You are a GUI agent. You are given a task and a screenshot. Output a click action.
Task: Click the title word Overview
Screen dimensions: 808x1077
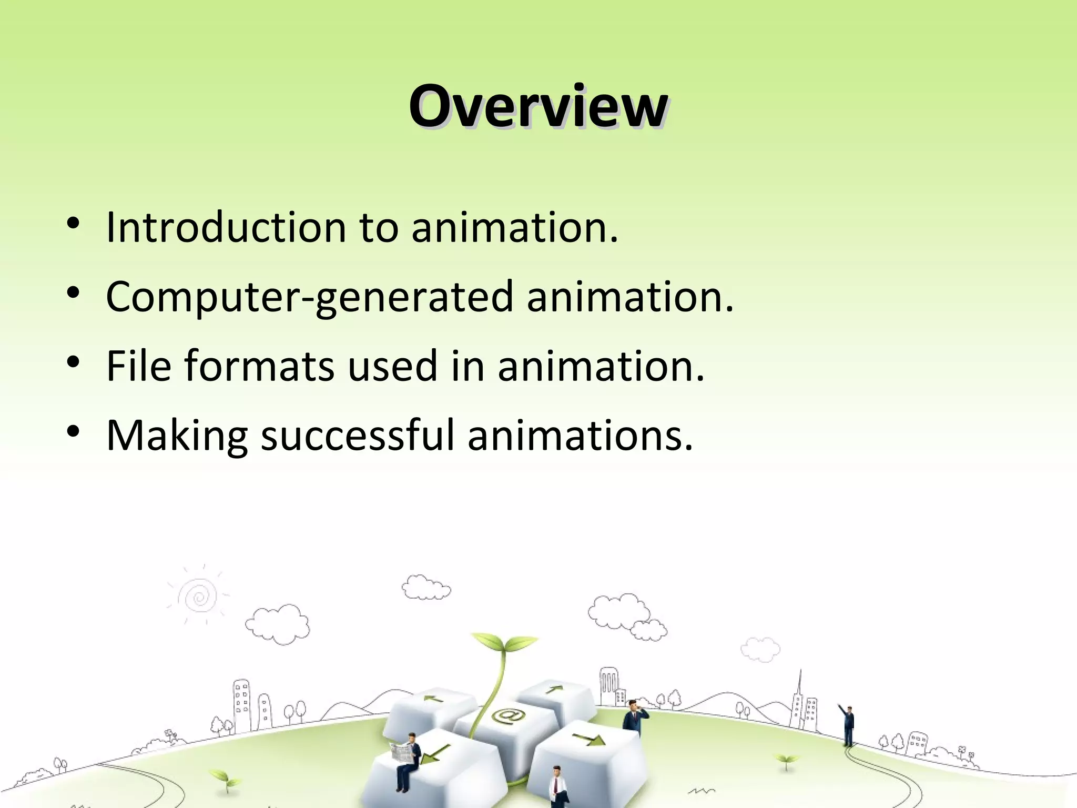click(x=538, y=107)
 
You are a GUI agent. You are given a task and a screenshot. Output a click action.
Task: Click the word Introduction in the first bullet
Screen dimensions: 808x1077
click(x=226, y=227)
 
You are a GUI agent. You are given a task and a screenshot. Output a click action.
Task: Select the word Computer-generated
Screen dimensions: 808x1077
click(x=309, y=297)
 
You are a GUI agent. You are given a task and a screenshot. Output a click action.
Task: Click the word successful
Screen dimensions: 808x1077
click(x=357, y=435)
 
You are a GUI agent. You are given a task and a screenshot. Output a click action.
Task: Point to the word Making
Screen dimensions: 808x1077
click(x=177, y=436)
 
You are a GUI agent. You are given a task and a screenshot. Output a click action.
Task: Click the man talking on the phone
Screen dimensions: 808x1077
click(x=634, y=717)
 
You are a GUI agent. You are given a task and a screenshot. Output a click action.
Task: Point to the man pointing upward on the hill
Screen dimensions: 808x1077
click(x=848, y=724)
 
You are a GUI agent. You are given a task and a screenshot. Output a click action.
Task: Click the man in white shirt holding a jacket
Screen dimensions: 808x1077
click(x=556, y=786)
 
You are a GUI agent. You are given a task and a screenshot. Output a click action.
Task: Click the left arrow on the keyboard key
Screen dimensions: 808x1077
click(x=434, y=699)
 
